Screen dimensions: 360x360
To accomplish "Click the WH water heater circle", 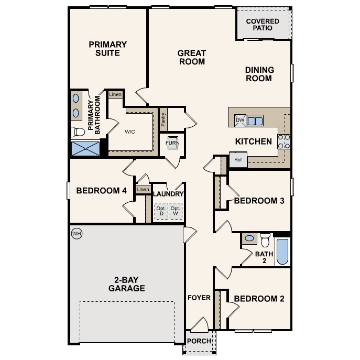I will coord(77,233).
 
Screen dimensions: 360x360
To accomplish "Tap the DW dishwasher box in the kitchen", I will coord(240,121).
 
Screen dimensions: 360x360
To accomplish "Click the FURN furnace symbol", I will coord(172,143).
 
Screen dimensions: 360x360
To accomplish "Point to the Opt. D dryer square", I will coord(161,211).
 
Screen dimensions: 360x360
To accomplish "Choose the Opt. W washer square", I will coord(176,211).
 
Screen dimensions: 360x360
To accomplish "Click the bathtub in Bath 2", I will coord(282,252).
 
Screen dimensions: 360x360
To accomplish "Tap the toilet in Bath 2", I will coord(265,240).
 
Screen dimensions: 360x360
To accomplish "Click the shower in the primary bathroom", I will coord(85,148).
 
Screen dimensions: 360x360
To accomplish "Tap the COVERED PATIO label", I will coord(263,25).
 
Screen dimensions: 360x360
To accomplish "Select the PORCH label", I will coord(199,341).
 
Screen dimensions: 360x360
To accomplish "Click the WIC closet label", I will coord(130,132).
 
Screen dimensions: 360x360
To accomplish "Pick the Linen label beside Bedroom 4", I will coord(142,189).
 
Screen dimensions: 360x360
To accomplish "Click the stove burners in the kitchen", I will coord(283,141).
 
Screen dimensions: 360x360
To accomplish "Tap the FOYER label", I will coord(199,298).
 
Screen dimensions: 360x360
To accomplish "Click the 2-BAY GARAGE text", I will coord(126,283).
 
